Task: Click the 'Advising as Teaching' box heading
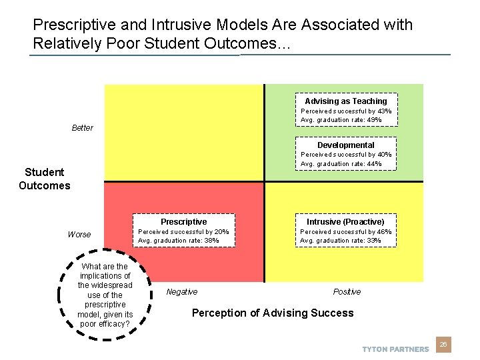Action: click(x=345, y=101)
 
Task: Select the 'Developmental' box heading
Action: click(x=345, y=145)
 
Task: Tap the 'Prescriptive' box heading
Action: click(x=183, y=222)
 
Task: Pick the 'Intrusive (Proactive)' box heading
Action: click(x=345, y=222)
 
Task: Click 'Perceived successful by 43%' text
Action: click(x=346, y=111)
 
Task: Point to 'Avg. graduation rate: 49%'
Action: click(x=341, y=120)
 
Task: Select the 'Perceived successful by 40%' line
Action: click(x=346, y=155)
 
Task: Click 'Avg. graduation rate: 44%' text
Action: click(x=341, y=164)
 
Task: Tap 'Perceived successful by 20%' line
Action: click(x=183, y=232)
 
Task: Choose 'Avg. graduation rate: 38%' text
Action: click(x=178, y=241)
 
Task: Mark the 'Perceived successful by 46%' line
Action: click(x=346, y=232)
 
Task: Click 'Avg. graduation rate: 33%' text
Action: click(x=341, y=241)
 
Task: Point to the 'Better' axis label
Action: click(x=83, y=128)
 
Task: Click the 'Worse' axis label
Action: click(x=79, y=235)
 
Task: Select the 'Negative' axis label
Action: click(x=181, y=292)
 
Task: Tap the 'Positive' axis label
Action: click(x=347, y=292)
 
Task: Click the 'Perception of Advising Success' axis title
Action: click(x=273, y=313)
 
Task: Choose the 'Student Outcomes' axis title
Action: click(x=44, y=179)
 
